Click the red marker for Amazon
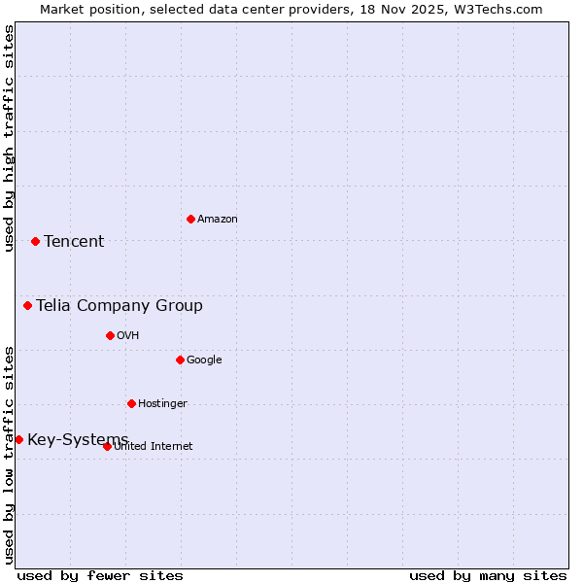190,219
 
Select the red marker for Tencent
35,241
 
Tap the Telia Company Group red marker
28,306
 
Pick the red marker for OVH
110,335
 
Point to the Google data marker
180,360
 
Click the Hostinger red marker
131,403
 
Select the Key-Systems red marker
18,439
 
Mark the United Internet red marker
107,446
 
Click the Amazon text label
218,220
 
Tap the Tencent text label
74,242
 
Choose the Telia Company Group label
120,306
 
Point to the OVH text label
128,336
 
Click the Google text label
204,360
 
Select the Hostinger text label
162,404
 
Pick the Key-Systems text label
78,440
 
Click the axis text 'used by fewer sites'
100,575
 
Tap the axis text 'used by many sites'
488,575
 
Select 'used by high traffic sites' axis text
9,138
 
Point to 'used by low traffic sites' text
9,455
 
